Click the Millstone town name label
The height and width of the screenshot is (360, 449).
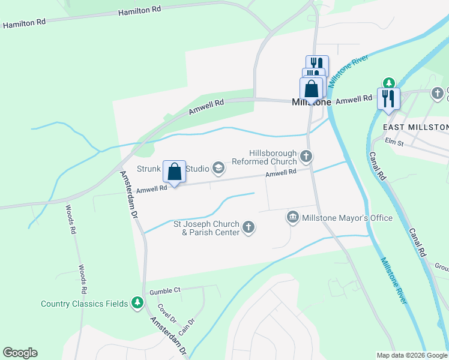click(x=311, y=103)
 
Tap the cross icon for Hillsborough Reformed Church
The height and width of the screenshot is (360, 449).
click(x=306, y=157)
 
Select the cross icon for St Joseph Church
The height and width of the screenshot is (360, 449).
click(x=249, y=227)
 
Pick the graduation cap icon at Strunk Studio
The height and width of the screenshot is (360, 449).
click(x=218, y=169)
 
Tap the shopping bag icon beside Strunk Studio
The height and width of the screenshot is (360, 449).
click(x=174, y=172)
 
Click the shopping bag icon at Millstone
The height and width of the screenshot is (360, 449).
click(x=312, y=89)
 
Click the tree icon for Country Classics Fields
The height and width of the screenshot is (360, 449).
click(x=137, y=303)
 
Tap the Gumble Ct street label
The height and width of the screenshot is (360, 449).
click(x=165, y=291)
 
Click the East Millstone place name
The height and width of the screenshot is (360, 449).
click(x=415, y=127)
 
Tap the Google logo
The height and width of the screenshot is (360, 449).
click(x=20, y=353)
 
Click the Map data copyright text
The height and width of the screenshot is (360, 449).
click(x=411, y=355)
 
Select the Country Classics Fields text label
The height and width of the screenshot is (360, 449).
click(x=85, y=304)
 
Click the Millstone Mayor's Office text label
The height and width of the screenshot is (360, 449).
click(x=348, y=218)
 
